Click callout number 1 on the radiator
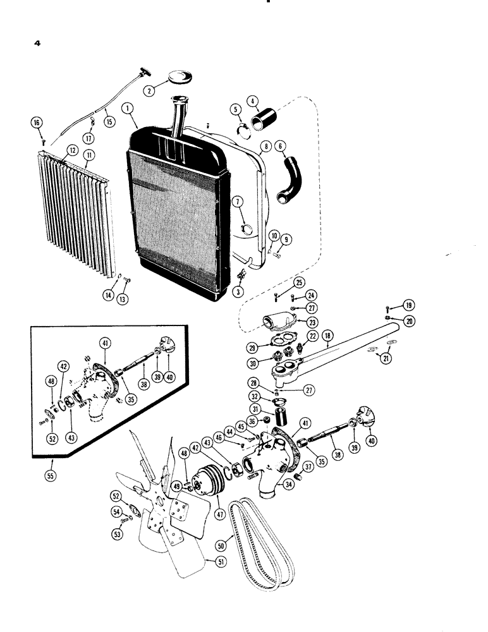click(129, 108)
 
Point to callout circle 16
click(36, 122)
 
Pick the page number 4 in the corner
click(38, 46)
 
